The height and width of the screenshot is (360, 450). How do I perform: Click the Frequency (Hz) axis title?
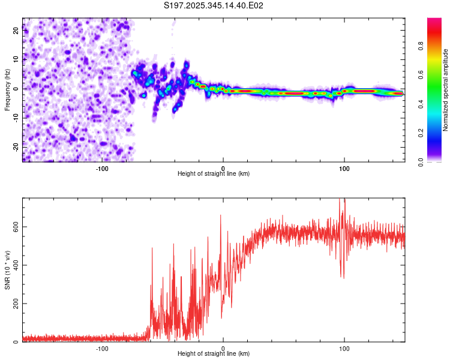point(7,89)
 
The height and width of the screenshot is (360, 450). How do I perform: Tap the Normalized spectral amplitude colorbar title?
point(446,90)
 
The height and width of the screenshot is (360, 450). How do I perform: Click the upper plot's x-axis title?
point(214,173)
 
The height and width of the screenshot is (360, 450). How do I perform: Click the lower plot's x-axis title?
point(214,353)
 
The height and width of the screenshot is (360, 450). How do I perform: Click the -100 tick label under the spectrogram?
point(102,167)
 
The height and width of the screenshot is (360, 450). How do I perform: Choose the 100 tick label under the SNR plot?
point(344,347)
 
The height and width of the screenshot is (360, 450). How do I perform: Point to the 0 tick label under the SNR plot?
point(223,347)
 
